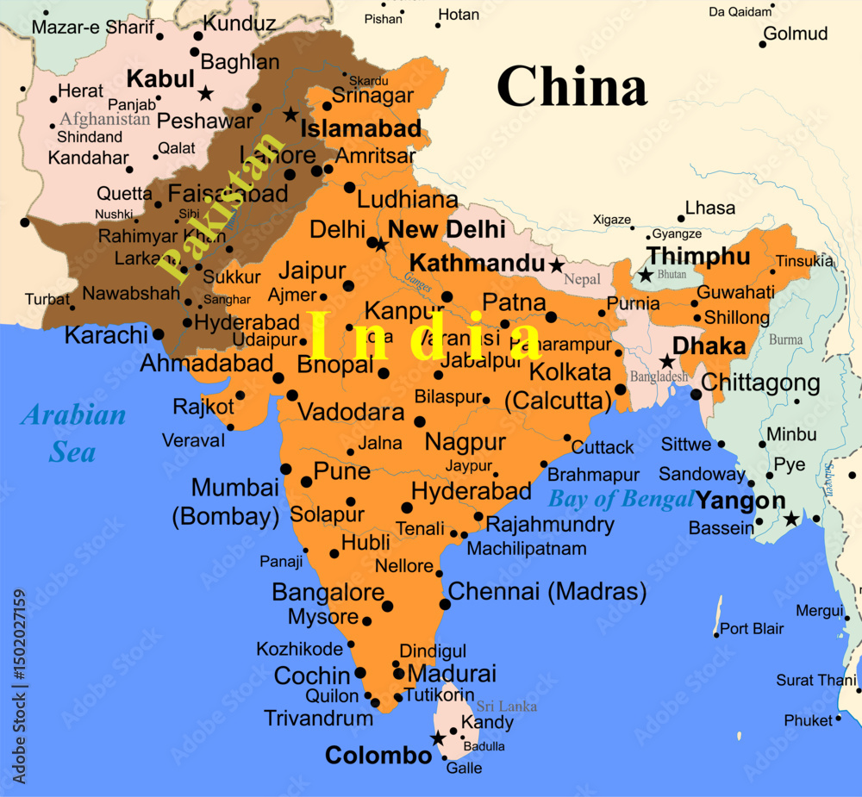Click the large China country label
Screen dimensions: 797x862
point(572,86)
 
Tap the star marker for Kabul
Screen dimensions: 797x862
point(205,92)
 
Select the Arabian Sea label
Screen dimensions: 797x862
point(73,433)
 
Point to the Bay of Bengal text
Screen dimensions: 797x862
point(621,499)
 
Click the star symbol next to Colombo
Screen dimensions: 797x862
point(438,738)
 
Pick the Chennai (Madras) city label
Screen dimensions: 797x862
point(547,592)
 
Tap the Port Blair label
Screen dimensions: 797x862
point(752,629)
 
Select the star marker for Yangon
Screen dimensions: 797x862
point(791,519)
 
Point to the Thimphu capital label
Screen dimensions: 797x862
point(698,256)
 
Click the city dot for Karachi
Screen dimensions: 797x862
point(159,334)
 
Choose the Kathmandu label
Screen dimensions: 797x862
point(477,262)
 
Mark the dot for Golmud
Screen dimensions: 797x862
point(763,44)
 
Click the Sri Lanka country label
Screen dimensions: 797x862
point(507,707)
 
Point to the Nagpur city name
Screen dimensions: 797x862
point(465,443)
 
